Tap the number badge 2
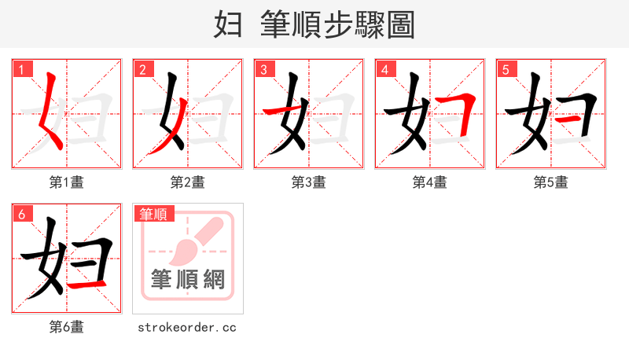[142, 69]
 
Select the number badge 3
[263, 69]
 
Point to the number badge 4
[384, 69]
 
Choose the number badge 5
[506, 69]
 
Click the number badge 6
[21, 214]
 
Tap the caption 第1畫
[67, 182]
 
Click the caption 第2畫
[188, 182]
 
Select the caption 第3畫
[309, 182]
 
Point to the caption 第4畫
[430, 182]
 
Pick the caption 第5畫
[551, 182]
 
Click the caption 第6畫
[67, 327]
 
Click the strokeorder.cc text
[187, 327]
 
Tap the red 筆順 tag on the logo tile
[154, 214]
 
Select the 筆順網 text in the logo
[188, 279]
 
